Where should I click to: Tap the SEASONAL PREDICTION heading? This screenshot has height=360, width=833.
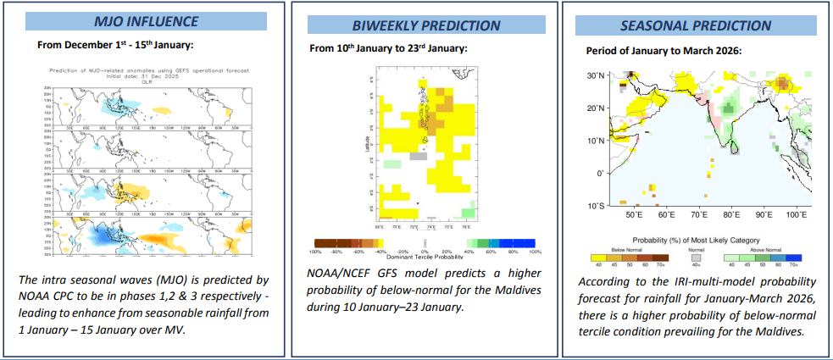(x=696, y=26)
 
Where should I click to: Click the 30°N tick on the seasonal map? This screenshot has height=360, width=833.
(x=596, y=75)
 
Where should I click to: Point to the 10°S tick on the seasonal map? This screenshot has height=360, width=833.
(x=596, y=206)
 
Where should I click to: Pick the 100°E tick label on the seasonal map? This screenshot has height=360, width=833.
(x=795, y=216)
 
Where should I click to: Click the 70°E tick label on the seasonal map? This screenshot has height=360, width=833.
(x=700, y=216)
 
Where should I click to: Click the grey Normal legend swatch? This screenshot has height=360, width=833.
(x=695, y=258)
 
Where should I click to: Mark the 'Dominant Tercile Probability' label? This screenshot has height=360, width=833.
(x=425, y=257)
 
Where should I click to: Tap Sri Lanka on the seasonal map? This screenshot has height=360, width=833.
(x=735, y=154)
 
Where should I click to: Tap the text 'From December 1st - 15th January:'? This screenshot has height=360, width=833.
(x=116, y=44)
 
